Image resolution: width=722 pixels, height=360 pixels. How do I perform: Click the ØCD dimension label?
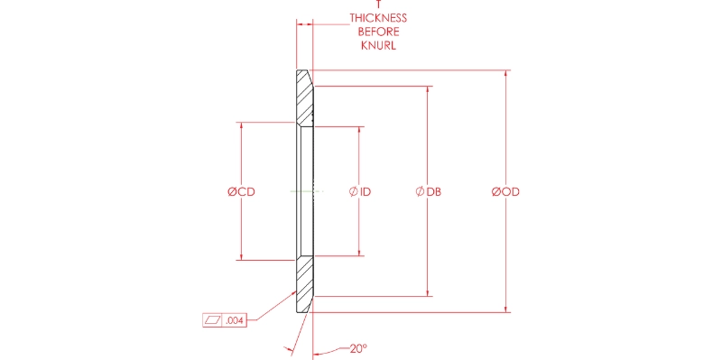[241, 191]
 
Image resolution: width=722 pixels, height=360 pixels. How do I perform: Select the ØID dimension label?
[360, 191]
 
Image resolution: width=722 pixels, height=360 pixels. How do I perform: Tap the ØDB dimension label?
[428, 191]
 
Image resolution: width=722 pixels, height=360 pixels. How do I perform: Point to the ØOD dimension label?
[505, 191]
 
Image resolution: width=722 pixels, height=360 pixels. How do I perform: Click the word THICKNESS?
[378, 18]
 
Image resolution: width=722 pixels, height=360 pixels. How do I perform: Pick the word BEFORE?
[378, 32]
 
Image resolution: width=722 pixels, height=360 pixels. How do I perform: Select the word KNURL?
[378, 46]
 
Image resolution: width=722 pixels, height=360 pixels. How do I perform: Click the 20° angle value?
[358, 348]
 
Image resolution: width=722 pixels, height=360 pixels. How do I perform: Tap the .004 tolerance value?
[235, 320]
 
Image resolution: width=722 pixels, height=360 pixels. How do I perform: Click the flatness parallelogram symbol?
[213, 320]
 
